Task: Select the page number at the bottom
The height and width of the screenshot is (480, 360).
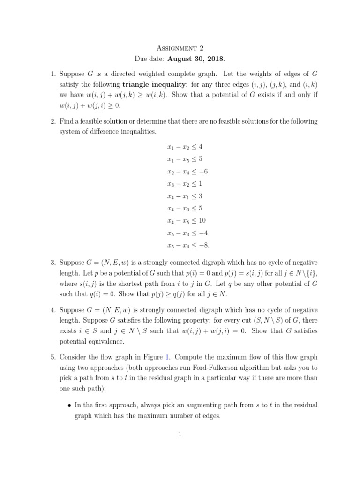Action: (x=180, y=434)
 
